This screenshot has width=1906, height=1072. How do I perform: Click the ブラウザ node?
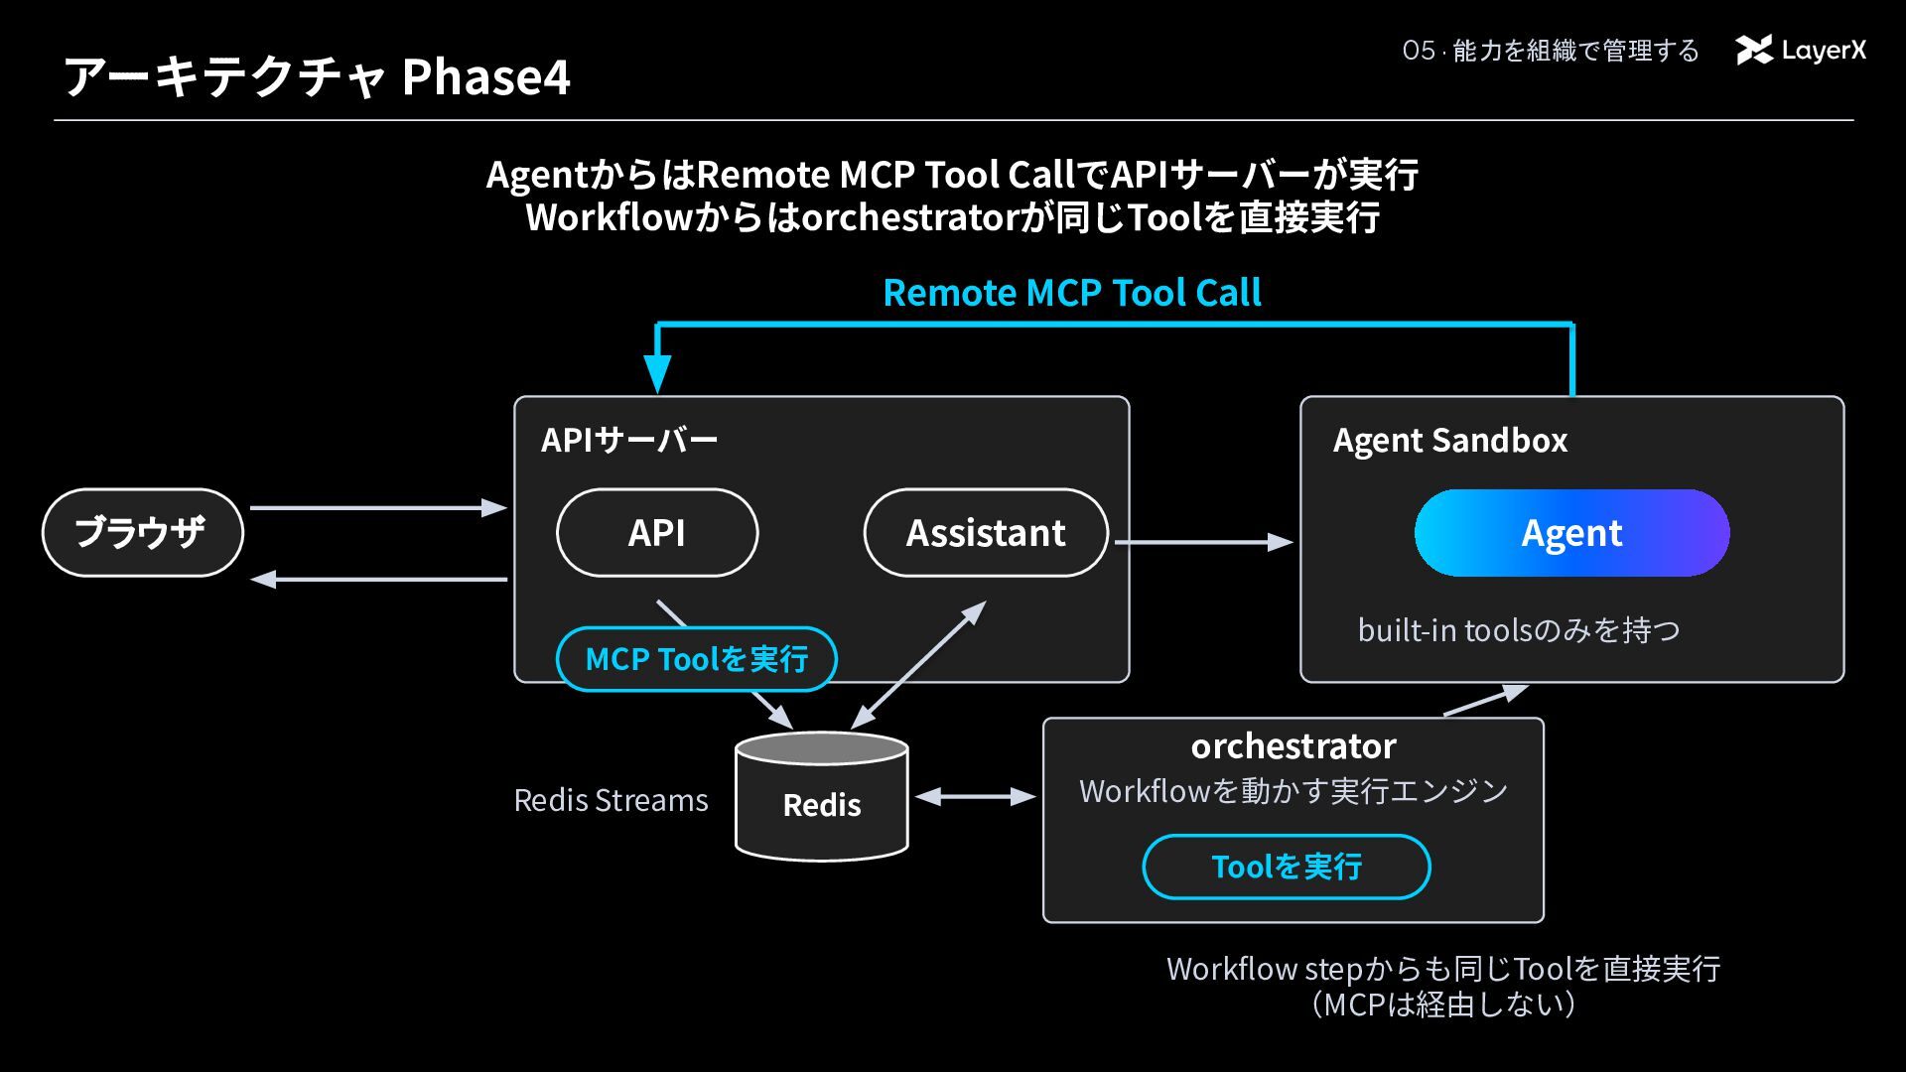[x=142, y=532]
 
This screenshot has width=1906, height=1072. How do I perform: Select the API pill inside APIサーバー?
[x=657, y=532]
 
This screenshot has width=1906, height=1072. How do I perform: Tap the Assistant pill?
[x=986, y=532]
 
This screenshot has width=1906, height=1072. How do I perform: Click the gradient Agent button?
[x=1571, y=533]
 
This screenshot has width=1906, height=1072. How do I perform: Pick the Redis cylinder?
[x=822, y=796]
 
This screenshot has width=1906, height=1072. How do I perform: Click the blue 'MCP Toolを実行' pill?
[x=697, y=659]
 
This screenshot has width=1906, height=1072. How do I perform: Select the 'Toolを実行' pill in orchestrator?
[x=1287, y=867]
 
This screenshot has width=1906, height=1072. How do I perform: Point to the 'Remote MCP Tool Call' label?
[x=1072, y=293]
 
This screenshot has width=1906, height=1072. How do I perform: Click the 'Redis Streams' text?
[x=611, y=800]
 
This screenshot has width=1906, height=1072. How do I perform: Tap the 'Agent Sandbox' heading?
[x=1450, y=440]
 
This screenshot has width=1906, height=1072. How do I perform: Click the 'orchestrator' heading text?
[x=1293, y=745]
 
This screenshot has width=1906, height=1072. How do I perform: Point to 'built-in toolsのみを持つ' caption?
[x=1519, y=630]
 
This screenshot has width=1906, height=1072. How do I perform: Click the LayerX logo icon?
[x=1754, y=51]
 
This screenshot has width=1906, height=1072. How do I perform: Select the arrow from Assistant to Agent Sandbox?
[x=1204, y=542]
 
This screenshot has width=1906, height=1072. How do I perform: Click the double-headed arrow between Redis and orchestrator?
[x=975, y=796]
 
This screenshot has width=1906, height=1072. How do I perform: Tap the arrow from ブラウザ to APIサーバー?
[x=378, y=508]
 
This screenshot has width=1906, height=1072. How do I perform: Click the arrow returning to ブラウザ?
[x=378, y=579]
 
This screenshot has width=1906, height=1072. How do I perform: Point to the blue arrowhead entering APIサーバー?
[x=657, y=374]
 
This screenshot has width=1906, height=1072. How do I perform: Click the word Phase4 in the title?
[x=485, y=76]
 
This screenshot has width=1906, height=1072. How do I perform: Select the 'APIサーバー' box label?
[x=629, y=440]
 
